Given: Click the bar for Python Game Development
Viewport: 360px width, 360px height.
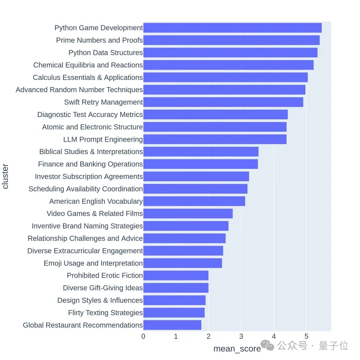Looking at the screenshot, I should (232, 28).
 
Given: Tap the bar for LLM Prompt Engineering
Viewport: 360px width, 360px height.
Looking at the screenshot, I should (215, 139).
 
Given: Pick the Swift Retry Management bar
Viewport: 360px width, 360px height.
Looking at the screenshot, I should (223, 102).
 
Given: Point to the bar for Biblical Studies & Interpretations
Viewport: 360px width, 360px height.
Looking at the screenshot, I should (201, 152).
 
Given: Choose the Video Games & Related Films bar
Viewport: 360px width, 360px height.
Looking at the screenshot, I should (188, 214).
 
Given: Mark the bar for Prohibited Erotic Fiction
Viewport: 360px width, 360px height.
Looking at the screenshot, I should (176, 276).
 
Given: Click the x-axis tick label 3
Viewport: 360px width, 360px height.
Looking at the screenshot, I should (241, 336).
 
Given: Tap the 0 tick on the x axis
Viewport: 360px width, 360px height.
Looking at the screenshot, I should (143, 336).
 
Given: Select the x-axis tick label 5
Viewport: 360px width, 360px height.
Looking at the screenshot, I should (306, 336).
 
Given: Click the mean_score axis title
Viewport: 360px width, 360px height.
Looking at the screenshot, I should (237, 349).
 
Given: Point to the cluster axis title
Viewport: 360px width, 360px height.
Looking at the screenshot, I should (5, 176).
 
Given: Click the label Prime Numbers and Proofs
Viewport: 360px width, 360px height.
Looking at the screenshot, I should (99, 40).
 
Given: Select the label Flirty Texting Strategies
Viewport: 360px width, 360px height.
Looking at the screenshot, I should (105, 313).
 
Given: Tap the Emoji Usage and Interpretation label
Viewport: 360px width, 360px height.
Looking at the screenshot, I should (93, 263).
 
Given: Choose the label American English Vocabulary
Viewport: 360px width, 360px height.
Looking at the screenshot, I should (96, 201).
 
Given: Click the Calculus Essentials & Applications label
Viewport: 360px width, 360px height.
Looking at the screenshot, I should (88, 78).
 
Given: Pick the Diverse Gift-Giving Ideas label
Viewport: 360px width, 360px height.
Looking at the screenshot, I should (103, 288).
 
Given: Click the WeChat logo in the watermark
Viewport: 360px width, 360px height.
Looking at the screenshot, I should (267, 346).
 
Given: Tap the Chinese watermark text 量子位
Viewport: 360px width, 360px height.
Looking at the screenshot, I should (333, 346).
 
